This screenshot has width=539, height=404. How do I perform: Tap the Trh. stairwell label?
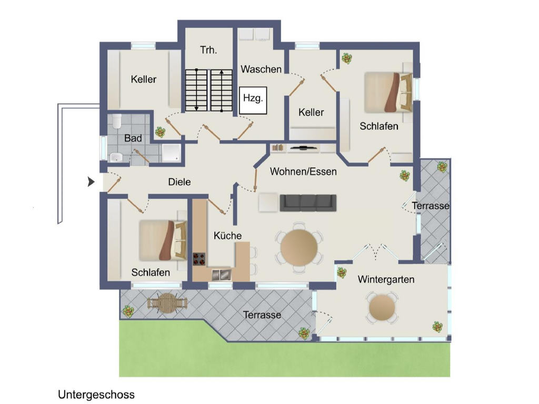pos(208,50)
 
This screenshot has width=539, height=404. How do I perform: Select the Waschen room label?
pos(261,69)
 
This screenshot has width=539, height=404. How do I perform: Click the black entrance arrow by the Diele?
pos(91,182)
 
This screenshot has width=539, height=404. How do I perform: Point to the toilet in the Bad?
pos(117,122)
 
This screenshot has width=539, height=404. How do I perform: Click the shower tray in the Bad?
pos(171,152)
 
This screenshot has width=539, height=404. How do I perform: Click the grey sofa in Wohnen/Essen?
pos(307,203)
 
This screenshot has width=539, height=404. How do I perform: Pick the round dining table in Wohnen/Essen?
pos(299,246)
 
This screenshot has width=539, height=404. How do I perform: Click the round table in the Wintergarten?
pos(382,308)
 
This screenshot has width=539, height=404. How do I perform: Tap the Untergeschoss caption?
pos(96,394)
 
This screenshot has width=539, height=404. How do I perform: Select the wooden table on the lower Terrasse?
pos(167,302)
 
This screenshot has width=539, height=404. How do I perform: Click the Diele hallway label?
pos(179,182)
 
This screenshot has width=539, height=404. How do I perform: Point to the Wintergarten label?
pos(386,279)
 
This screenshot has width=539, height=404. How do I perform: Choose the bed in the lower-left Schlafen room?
pos(163,240)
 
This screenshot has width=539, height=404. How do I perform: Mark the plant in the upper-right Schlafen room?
pos(346,58)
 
